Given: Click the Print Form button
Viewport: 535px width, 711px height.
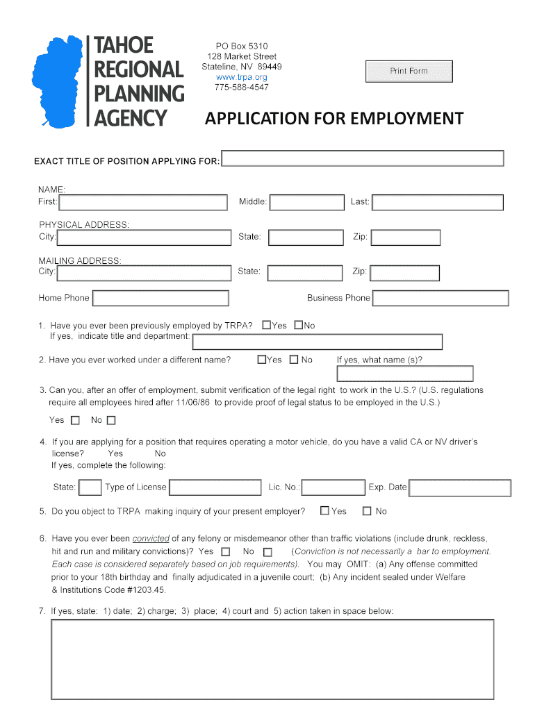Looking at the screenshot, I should click(x=409, y=72).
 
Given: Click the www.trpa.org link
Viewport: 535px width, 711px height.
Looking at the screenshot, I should click(x=241, y=77).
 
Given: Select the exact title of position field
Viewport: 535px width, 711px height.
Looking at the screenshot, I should click(x=362, y=158).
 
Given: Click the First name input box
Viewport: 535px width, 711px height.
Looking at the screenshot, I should click(x=143, y=202).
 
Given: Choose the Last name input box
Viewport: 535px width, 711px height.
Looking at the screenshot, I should click(x=437, y=202).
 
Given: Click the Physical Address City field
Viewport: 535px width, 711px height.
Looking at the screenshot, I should click(x=144, y=237).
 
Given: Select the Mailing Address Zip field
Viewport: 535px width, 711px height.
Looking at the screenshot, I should click(x=405, y=272).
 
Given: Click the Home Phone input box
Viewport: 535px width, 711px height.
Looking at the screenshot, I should click(x=160, y=299).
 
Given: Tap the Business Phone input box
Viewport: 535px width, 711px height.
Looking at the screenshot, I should click(x=441, y=299).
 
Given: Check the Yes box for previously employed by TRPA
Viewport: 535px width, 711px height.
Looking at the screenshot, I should click(x=267, y=325).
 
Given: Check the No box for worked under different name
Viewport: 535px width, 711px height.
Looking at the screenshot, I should click(x=294, y=360).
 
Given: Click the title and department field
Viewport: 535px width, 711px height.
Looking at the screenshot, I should click(x=317, y=342).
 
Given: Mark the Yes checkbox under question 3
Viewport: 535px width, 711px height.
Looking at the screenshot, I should click(x=75, y=420).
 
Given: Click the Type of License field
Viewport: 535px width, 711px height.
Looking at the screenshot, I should click(x=215, y=487).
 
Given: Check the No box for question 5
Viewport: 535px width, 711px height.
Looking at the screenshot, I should click(x=367, y=511).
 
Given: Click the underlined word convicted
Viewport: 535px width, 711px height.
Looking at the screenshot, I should click(x=151, y=538).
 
